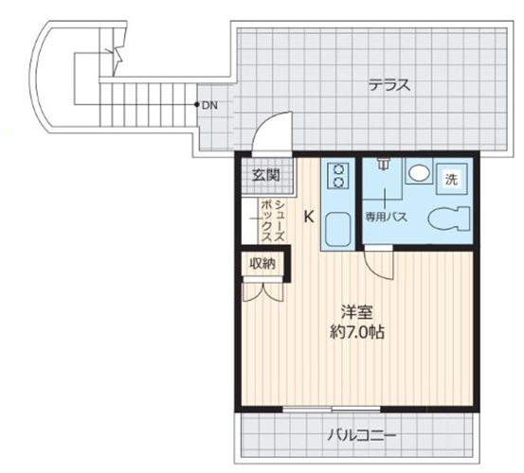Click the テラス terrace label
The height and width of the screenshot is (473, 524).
(388, 85)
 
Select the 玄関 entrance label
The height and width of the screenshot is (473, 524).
(265, 175)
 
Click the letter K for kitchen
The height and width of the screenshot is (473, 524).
(309, 217)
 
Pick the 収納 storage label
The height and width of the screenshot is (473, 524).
(262, 264)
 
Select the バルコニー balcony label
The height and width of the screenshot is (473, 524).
(362, 436)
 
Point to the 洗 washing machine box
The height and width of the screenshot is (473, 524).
(452, 179)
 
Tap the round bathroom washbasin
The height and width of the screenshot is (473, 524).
(418, 173)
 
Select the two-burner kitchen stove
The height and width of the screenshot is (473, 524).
(338, 175)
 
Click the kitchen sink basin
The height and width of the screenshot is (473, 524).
(337, 228)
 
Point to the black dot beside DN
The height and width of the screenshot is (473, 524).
(196, 105)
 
